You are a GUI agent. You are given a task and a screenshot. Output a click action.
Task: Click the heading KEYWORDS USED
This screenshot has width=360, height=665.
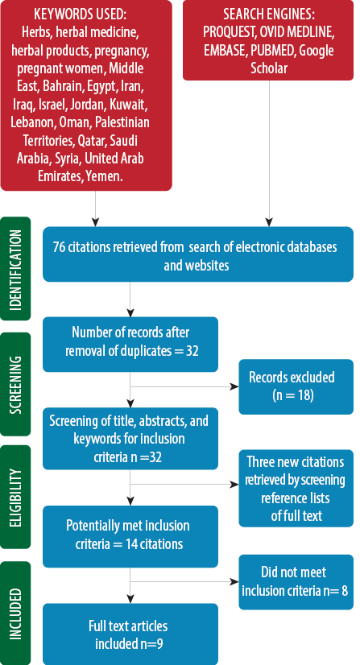[81, 14]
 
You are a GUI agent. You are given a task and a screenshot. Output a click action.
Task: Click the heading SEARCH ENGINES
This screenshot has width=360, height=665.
[269, 14]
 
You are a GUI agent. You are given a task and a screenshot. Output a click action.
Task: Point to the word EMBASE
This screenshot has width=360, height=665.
[225, 51]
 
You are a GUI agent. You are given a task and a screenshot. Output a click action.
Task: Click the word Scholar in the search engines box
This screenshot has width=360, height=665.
[269, 68]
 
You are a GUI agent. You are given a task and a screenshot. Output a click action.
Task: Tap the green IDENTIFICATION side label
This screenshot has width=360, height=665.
[15, 269]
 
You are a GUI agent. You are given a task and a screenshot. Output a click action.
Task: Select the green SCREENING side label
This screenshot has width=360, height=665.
[15, 384]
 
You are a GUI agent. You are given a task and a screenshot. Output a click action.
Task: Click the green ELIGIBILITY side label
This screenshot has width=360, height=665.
[15, 497]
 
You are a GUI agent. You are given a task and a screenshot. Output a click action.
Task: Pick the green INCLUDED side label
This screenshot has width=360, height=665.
[15, 613]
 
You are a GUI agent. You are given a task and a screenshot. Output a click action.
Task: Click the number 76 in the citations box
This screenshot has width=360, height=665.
[59, 247]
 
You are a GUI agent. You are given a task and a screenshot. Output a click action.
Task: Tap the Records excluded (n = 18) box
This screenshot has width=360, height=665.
[296, 386]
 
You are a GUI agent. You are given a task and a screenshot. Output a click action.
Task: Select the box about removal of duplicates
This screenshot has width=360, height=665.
[130, 345]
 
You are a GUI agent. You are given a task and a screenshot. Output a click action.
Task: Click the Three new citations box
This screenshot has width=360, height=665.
[296, 488]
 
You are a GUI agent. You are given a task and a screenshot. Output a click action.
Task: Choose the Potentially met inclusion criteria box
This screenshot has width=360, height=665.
[130, 536]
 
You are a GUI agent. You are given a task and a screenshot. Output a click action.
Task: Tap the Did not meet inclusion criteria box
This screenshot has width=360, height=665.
[296, 582]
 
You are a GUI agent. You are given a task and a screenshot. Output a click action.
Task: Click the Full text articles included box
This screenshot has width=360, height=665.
[130, 634]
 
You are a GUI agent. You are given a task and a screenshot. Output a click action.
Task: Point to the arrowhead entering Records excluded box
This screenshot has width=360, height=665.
[234, 386]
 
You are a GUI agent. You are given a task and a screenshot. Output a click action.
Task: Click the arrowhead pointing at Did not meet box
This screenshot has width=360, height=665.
[234, 582]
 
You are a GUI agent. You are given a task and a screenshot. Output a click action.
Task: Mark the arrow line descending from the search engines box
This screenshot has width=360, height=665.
[269, 153]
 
